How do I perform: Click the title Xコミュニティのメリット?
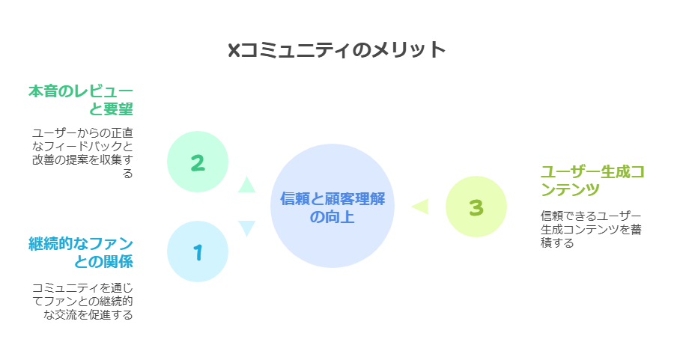pos(336,50)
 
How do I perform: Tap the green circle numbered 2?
pos(198,162)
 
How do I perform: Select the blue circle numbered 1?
pos(198,251)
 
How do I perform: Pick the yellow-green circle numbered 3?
pos(476,207)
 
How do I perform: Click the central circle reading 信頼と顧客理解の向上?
pos(333,206)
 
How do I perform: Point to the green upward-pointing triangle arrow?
pos(246,184)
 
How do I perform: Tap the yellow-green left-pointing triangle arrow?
pos(420,207)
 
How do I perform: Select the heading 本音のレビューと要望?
pos(81,100)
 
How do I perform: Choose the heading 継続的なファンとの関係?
pos(81,253)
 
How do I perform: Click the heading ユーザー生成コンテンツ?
pos(592,180)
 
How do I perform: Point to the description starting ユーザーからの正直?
pos(82,153)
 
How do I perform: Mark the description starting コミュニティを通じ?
pos(82,301)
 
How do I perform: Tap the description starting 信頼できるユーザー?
pos(591,229)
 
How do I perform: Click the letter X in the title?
pos(234,51)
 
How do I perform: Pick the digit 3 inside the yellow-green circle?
pos(476,208)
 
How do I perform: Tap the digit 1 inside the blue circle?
pos(198,253)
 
